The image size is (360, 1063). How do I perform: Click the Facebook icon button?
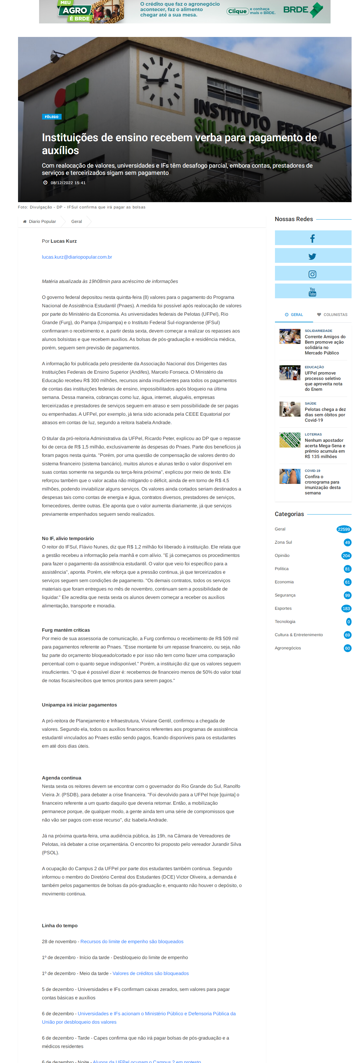point(313,238)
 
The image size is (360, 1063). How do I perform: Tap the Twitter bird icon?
point(313,256)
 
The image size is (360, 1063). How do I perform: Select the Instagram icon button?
point(313,274)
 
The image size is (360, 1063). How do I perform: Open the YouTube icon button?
point(313,292)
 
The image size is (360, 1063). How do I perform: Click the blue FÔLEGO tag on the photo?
point(52,117)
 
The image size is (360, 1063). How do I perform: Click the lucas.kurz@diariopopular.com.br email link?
point(77,257)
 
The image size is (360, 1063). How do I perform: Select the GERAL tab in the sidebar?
point(294,315)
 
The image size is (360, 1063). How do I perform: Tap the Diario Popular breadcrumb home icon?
point(25,222)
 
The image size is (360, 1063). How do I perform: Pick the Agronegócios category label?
point(288,648)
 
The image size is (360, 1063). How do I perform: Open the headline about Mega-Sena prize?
point(325,448)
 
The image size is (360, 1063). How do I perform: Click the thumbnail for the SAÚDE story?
point(290,409)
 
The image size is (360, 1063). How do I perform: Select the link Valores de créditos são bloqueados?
point(150,973)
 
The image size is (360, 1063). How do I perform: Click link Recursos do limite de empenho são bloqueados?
point(132,942)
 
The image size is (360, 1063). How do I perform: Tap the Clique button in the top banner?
point(237,11)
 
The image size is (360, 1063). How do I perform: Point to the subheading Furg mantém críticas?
point(66,630)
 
